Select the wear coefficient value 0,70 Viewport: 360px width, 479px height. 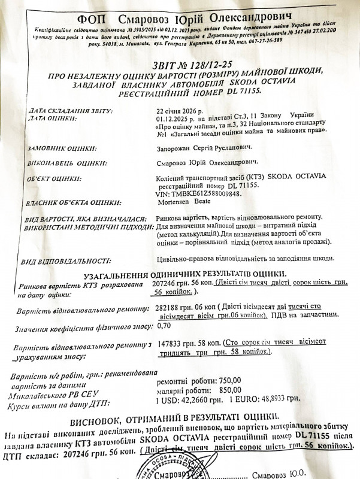163,327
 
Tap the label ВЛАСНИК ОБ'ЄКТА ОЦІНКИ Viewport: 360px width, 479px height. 71,204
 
